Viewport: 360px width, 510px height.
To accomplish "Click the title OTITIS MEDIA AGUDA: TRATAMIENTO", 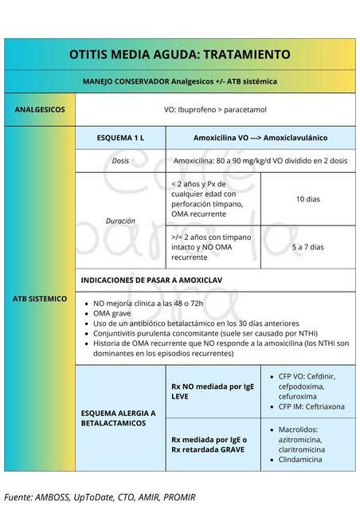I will (179, 55).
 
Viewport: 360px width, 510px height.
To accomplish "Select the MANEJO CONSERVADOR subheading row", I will (179, 81).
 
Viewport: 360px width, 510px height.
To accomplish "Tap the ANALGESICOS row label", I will (40, 109).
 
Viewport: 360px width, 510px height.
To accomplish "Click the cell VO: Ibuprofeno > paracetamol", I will (215, 109).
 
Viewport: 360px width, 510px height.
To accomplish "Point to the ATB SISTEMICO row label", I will (40, 299).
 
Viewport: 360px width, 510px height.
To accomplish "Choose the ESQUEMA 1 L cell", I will (121, 138).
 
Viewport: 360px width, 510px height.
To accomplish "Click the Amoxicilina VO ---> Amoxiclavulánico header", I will (260, 138).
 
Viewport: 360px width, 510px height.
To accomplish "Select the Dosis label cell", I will (121, 160).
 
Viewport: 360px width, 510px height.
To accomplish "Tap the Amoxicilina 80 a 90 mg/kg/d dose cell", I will (260, 160).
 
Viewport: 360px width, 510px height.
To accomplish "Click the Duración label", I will (121, 220).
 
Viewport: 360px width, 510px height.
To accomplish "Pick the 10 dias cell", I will (307, 198).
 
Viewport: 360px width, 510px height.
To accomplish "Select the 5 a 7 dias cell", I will (307, 247).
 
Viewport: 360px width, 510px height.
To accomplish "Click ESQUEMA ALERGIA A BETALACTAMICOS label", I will (119, 418).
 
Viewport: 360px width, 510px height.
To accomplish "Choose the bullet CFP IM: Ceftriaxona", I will (311, 406).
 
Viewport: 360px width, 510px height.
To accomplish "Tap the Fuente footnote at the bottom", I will (100, 497).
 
